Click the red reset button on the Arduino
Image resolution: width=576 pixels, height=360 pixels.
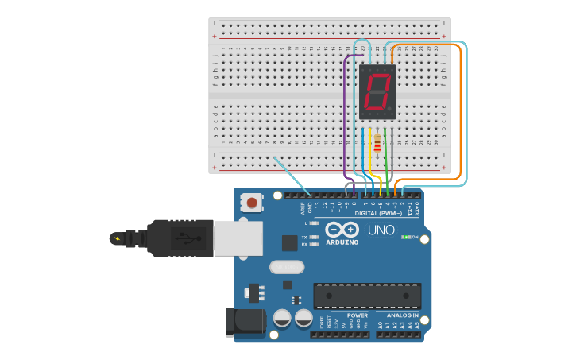click(252, 203)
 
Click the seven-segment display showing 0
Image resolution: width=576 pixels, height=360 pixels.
click(377, 92)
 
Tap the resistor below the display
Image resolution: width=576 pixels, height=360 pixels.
click(377, 144)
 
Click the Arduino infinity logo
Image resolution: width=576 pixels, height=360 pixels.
click(342, 229)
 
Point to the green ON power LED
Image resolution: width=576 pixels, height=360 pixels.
click(407, 237)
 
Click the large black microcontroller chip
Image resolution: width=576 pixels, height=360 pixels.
click(367, 296)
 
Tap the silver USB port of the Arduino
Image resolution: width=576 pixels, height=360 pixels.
click(238, 238)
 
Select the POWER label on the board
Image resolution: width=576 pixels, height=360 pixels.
click(358, 315)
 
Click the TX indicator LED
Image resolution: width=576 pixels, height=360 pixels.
click(315, 238)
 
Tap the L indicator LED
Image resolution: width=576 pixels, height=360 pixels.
click(315, 223)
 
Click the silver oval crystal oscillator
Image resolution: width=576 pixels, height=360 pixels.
click(287, 267)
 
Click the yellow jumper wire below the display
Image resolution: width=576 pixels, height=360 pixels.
click(371, 163)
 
